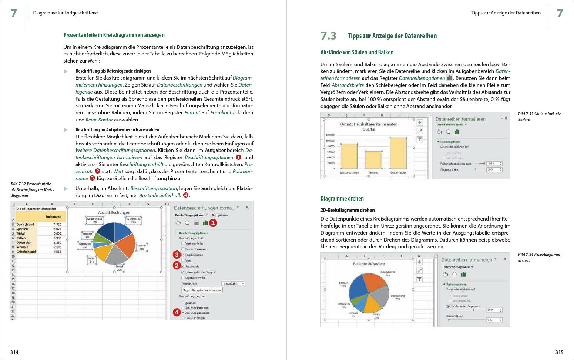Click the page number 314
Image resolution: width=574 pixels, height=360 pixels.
click(x=14, y=352)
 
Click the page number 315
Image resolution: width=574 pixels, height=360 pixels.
click(x=559, y=352)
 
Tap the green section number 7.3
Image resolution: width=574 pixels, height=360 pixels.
click(x=328, y=36)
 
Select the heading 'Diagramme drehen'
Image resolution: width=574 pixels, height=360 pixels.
click(x=342, y=199)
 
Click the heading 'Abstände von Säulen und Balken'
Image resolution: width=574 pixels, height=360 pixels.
click(x=357, y=53)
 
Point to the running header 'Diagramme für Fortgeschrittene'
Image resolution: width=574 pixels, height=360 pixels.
click(x=66, y=13)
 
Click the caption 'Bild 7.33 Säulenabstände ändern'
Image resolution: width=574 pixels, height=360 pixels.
click(x=539, y=117)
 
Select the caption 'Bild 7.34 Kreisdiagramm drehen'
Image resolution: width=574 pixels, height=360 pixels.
click(x=539, y=258)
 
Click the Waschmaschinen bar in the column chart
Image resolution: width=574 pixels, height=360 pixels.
click(x=349, y=157)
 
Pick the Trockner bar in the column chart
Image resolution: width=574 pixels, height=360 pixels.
click(x=373, y=160)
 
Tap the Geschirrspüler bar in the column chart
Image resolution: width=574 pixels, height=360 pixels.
click(x=398, y=153)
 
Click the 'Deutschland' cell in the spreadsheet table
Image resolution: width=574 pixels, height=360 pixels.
click(x=25, y=225)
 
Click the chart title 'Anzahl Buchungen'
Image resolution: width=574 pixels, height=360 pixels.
click(x=114, y=213)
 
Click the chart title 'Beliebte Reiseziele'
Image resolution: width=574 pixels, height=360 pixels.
click(x=369, y=264)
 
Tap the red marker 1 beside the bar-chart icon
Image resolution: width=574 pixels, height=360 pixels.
click(x=213, y=223)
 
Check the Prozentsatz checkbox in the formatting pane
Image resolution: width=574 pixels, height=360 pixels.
click(x=183, y=266)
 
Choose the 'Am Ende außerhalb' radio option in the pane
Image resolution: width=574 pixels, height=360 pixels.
click(x=183, y=313)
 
